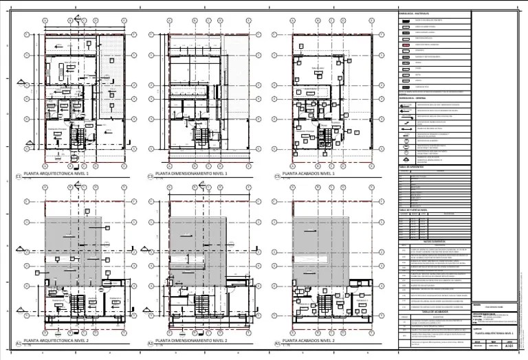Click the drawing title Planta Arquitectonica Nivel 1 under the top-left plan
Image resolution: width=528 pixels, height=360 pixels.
tap(59, 175)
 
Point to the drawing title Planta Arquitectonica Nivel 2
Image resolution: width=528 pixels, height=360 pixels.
tap(59, 341)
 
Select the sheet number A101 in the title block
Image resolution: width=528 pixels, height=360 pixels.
tap(509, 347)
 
